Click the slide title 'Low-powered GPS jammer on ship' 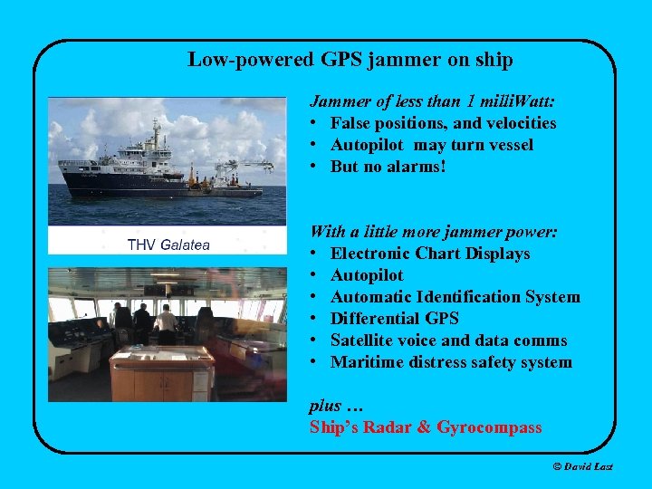pyautogui.click(x=350, y=61)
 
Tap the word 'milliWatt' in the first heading pyautogui.click(x=516, y=101)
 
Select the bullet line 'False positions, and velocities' pyautogui.click(x=443, y=123)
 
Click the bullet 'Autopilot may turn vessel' pyautogui.click(x=431, y=145)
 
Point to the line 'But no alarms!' pyautogui.click(x=388, y=167)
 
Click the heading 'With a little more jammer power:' pyautogui.click(x=433, y=232)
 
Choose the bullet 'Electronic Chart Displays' pyautogui.click(x=430, y=254)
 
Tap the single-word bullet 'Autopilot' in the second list pyautogui.click(x=367, y=275)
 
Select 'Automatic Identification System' pyautogui.click(x=455, y=297)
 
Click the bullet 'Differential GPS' pyautogui.click(x=394, y=319)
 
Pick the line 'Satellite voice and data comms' pyautogui.click(x=448, y=340)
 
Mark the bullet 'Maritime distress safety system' pyautogui.click(x=451, y=362)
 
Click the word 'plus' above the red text pyautogui.click(x=324, y=406)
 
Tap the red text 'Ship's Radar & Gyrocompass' pyautogui.click(x=426, y=427)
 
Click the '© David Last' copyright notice pyautogui.click(x=582, y=466)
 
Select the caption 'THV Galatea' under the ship pyautogui.click(x=168, y=244)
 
